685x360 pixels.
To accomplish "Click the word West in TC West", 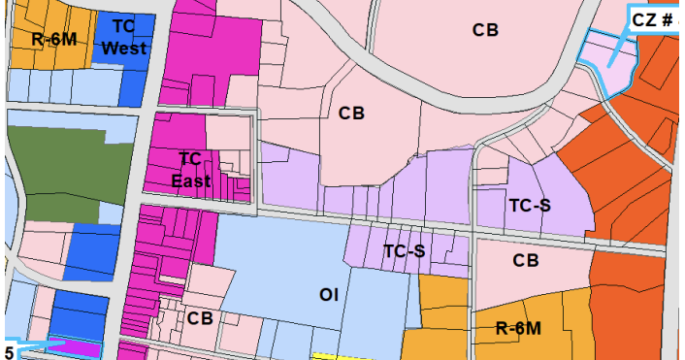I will (x=123, y=48).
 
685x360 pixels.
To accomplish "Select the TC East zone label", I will (x=190, y=169).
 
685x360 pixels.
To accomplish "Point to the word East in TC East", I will (x=190, y=180).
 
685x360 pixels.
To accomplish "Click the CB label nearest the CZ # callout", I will (x=485, y=30).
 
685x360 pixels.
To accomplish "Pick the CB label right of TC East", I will (x=351, y=113).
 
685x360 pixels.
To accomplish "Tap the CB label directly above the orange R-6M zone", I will (x=526, y=260).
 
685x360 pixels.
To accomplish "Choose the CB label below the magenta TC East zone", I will (x=200, y=318).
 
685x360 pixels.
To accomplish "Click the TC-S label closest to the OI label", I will (x=405, y=251).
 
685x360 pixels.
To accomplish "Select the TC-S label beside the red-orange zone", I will (x=530, y=205).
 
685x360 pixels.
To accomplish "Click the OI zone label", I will (x=329, y=295).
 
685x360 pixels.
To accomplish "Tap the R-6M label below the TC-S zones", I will (x=517, y=328).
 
